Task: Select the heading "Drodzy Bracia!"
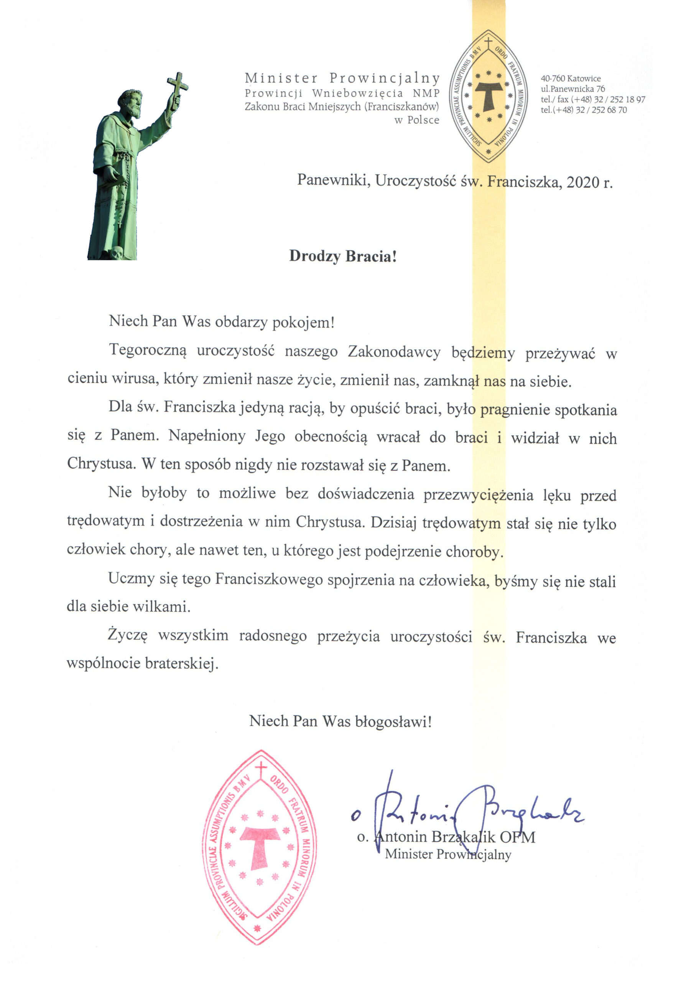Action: tap(343, 256)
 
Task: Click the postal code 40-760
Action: tap(553, 79)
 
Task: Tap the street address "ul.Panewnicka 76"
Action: tap(573, 89)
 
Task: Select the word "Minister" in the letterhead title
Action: tap(281, 78)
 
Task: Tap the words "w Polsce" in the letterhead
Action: tap(417, 120)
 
